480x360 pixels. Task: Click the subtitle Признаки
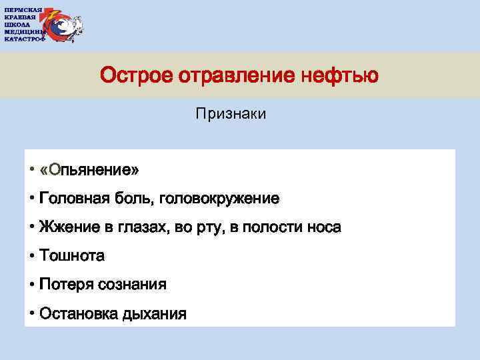tap(231, 115)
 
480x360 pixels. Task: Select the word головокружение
tap(226, 199)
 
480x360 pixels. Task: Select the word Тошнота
tap(72, 256)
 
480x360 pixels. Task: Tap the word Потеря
tap(66, 285)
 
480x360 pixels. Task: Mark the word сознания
tap(132, 285)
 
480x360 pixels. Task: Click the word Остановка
tap(78, 313)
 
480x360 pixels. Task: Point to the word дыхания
tap(154, 313)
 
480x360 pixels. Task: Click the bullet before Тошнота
tap(32, 256)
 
